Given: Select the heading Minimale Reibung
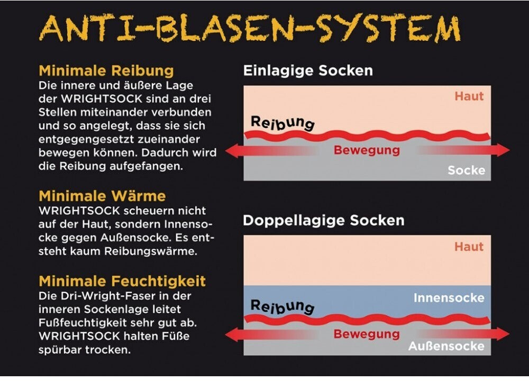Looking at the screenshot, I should [x=106, y=71].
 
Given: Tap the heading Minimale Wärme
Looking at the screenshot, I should [x=102, y=196].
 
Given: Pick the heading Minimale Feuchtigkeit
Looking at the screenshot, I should [x=122, y=280].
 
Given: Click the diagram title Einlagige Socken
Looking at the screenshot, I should [x=308, y=71].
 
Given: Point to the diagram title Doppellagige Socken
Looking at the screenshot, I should [x=323, y=220].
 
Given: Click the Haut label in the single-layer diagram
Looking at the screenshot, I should [x=469, y=97].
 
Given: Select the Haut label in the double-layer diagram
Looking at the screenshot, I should [x=469, y=247].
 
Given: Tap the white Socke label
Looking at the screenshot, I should [x=466, y=170].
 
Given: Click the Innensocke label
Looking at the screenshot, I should [x=449, y=298].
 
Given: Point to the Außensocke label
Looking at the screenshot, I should [x=446, y=346].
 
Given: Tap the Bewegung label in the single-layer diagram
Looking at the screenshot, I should [x=367, y=150].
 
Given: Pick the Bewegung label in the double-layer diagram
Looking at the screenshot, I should [x=367, y=334].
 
